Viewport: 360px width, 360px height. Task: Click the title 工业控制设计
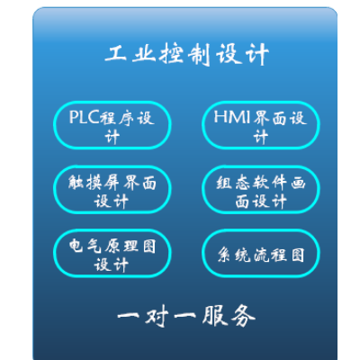point(186,54)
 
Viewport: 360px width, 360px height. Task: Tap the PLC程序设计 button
point(112,125)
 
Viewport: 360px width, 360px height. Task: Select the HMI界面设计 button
point(261,125)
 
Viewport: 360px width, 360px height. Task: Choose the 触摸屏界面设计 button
point(112,190)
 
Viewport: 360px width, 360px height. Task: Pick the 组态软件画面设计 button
point(261,190)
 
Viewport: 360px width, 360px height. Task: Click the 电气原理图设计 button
point(112,253)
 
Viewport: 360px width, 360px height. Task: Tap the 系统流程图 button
point(261,253)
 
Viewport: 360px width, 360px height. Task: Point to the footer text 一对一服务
point(186,316)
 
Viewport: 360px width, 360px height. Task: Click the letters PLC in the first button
point(84,117)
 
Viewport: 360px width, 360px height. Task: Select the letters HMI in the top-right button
point(231,117)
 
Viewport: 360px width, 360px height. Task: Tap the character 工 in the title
point(116,54)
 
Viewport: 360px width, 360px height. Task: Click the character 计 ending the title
point(257,54)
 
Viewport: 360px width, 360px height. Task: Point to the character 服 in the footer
point(215,316)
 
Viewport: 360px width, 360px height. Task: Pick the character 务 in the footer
point(244,316)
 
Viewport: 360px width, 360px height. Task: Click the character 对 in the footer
point(157,317)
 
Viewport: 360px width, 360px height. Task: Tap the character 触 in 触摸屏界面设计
point(76,183)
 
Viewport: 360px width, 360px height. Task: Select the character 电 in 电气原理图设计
point(76,246)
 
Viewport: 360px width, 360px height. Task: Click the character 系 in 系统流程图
point(224,255)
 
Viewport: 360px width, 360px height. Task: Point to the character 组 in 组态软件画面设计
point(224,183)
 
